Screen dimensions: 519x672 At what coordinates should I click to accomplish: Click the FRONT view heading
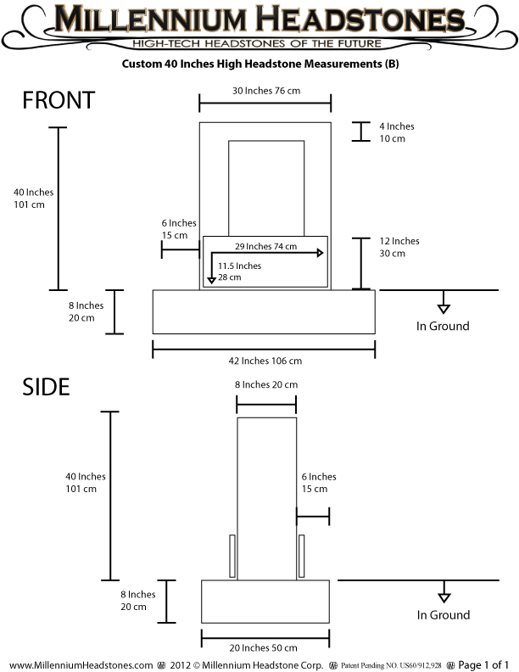(59, 100)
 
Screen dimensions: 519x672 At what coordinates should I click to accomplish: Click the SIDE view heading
(46, 387)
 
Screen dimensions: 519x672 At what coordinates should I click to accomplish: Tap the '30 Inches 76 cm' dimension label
(266, 91)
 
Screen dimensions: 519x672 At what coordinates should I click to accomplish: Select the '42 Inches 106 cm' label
(265, 361)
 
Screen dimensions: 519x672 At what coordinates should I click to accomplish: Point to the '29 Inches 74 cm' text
(266, 246)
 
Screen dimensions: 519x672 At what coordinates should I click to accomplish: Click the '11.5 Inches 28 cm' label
(239, 272)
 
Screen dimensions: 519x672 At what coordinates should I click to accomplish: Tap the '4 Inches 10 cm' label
(397, 132)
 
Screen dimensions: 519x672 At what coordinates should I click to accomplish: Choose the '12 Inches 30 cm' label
(399, 247)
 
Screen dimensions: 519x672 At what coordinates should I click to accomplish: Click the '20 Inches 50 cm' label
(264, 647)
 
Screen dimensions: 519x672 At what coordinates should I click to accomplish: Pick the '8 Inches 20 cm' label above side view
(266, 385)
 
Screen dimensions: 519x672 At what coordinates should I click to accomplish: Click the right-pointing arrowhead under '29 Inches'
(320, 253)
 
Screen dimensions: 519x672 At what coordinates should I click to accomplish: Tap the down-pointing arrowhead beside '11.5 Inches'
(211, 280)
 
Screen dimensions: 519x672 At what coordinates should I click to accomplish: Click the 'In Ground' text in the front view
(443, 326)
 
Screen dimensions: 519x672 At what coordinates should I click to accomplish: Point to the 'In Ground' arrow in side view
(444, 592)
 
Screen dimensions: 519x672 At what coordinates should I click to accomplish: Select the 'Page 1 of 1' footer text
(483, 664)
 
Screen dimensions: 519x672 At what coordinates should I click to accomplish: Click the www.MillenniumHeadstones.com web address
(81, 665)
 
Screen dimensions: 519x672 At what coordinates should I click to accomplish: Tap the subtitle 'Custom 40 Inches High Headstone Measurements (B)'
(260, 64)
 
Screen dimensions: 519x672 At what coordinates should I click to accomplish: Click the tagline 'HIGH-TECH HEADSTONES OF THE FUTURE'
(256, 43)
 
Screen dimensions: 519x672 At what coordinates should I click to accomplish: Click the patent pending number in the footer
(391, 665)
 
